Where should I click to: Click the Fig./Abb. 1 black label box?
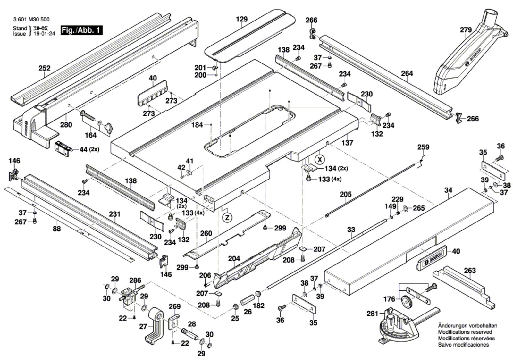click(81, 30)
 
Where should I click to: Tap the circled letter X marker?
click(320, 159)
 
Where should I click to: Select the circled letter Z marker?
click(227, 217)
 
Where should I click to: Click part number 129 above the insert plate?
click(242, 19)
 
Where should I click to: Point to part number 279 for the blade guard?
click(466, 30)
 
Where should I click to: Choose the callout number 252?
click(45, 68)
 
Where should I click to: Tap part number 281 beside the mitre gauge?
click(372, 313)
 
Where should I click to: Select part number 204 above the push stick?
click(234, 259)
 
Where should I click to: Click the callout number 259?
click(423, 147)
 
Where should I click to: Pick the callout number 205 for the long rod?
click(346, 194)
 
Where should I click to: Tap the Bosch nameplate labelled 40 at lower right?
click(432, 258)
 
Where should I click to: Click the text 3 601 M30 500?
click(31, 20)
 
